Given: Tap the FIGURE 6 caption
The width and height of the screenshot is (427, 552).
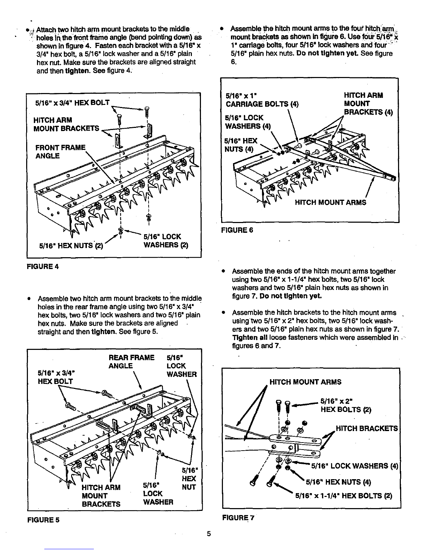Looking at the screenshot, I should [x=237, y=230].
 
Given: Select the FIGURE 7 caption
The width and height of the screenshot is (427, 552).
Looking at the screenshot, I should [x=238, y=518].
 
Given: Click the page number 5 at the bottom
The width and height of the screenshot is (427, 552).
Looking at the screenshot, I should [x=209, y=534].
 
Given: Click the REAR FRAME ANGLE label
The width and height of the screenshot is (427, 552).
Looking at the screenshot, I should [x=132, y=362].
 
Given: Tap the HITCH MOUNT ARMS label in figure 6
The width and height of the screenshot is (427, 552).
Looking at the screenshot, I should [x=330, y=202].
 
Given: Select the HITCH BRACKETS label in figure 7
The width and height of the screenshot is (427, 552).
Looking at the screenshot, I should [x=366, y=428].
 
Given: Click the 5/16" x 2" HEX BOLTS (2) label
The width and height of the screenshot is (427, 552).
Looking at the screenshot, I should [x=346, y=405].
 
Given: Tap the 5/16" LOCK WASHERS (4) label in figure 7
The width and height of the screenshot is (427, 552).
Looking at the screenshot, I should [x=354, y=466].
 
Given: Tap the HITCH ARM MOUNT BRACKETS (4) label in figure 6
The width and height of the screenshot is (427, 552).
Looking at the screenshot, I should [x=368, y=103].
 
